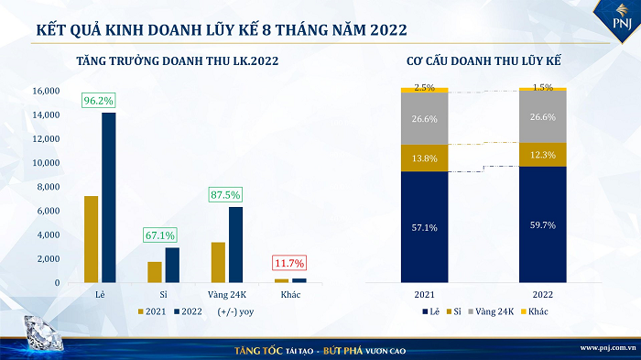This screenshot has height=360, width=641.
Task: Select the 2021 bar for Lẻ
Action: [x=91, y=238]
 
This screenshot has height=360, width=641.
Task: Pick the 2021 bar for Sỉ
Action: [x=155, y=272]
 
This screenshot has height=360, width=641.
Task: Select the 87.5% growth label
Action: [x=224, y=195]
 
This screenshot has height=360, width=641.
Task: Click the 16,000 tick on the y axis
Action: [x=46, y=92]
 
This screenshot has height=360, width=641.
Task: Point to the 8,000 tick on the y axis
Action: [x=48, y=187]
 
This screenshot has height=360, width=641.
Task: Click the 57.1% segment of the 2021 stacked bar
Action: [x=425, y=226]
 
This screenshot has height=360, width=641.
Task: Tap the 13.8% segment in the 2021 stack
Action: [x=425, y=158]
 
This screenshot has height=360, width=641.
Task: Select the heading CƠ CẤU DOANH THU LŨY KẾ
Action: [x=483, y=61]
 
